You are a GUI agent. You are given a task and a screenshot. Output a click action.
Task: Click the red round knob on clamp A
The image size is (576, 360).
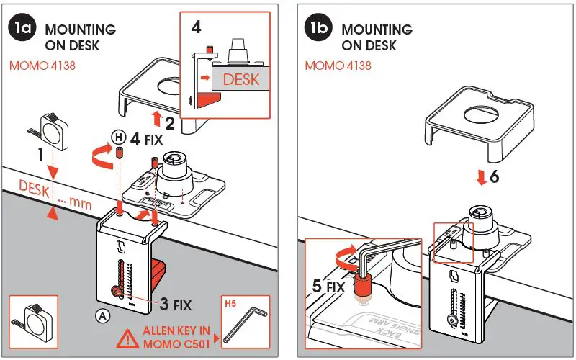click(x=115, y=292)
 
